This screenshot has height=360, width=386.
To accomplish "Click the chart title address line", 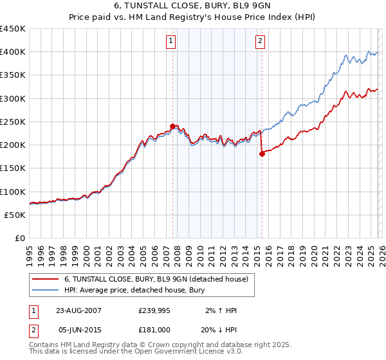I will [x=192, y=6].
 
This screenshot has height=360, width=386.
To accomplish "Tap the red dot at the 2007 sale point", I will [x=172, y=126].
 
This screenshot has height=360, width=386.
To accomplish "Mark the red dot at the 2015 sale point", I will [x=262, y=154].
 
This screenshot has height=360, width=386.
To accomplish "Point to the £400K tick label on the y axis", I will [x=13, y=52].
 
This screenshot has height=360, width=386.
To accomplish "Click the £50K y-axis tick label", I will [x=15, y=215].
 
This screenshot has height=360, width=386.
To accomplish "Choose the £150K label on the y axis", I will [x=13, y=168].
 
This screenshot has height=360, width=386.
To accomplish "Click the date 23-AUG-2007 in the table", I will [x=78, y=310].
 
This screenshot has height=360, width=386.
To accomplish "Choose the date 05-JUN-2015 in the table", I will [x=78, y=330].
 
